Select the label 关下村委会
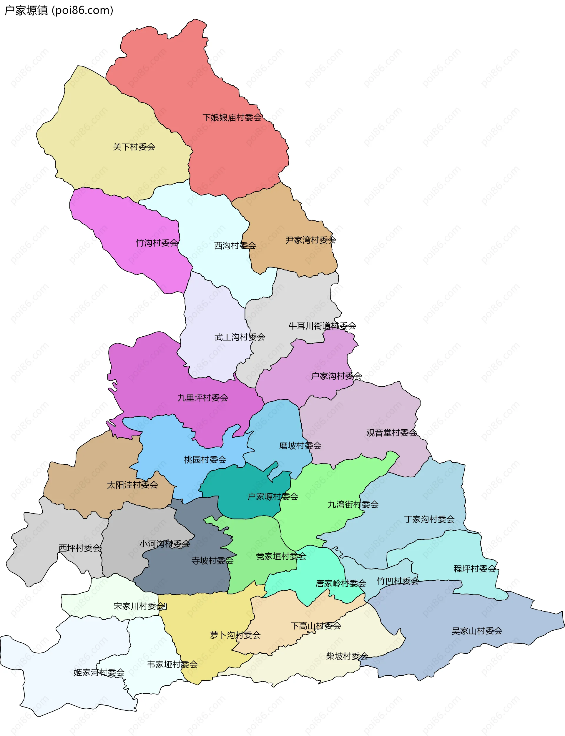click(134, 147)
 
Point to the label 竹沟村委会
click(157, 243)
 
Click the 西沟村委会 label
click(235, 246)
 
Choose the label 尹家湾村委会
click(311, 240)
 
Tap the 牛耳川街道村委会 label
click(322, 325)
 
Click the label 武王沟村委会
click(240, 337)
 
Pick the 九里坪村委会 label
click(203, 398)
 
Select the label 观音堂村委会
click(392, 433)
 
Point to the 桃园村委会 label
click(205, 460)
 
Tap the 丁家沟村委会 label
click(429, 519)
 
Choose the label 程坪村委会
click(475, 569)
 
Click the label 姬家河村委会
click(99, 672)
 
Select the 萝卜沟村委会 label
click(235, 635)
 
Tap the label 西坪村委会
click(80, 548)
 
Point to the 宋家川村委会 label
click(139, 606)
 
